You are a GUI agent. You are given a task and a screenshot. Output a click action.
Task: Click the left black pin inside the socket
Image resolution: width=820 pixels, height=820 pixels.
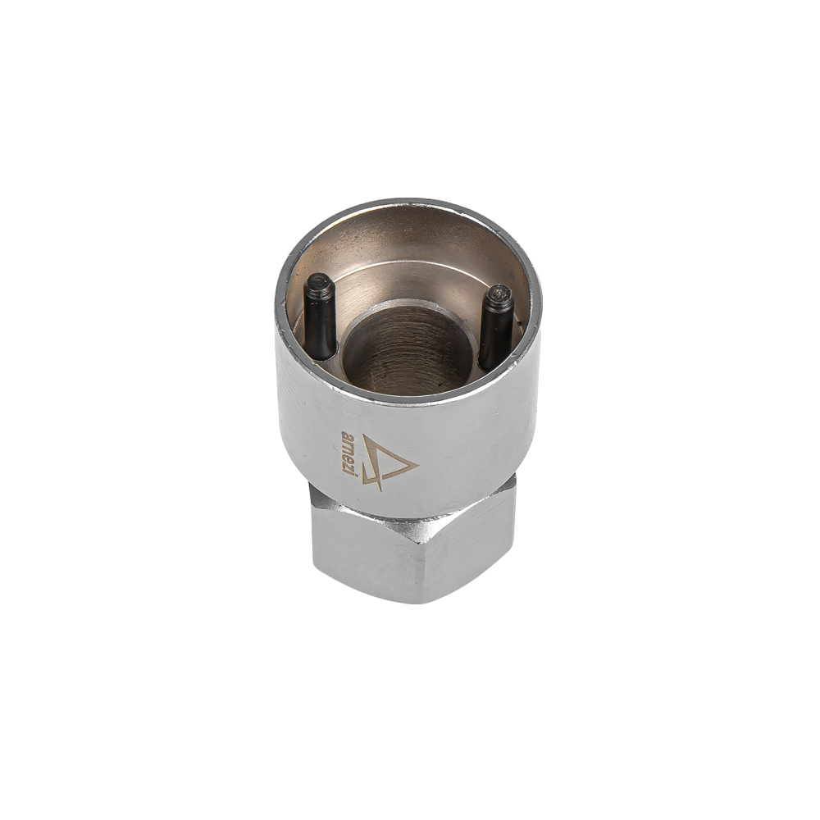click(320, 317)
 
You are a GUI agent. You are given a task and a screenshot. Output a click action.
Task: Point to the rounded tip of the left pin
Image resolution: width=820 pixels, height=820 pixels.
click(320, 281)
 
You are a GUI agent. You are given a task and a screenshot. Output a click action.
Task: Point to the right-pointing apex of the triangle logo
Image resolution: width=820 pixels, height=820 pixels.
click(418, 463)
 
